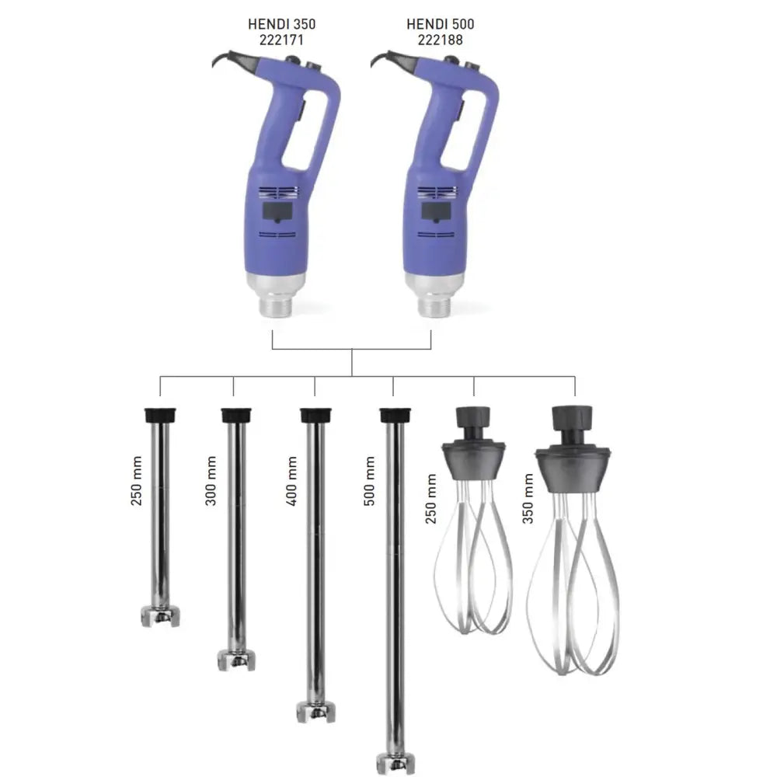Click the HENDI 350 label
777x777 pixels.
[x=280, y=24]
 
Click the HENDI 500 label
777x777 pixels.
[x=440, y=24]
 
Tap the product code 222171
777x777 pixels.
[x=280, y=39]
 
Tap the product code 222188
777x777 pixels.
[x=440, y=39]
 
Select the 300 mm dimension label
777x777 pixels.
[x=211, y=481]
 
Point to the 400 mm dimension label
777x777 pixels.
[x=291, y=481]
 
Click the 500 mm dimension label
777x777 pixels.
[x=370, y=481]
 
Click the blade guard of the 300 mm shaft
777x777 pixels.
[x=236, y=660]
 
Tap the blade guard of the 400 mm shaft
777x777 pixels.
[x=315, y=711]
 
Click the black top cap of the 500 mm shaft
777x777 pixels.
[x=395, y=415]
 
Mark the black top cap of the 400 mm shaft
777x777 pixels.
[x=315, y=415]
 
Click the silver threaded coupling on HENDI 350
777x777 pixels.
[x=275, y=304]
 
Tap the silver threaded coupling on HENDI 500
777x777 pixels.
[x=433, y=304]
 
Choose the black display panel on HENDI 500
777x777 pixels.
[x=437, y=212]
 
